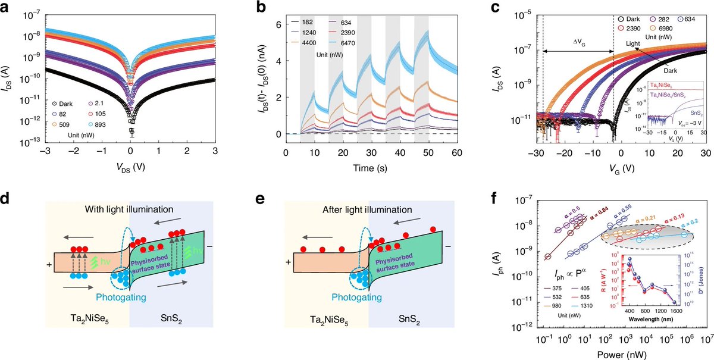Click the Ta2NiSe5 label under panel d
point(77,342)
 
